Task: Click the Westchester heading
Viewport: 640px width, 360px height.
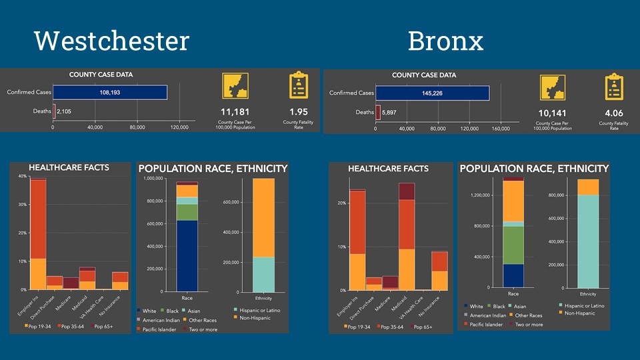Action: point(112,41)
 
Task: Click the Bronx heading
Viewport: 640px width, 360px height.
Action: point(445,41)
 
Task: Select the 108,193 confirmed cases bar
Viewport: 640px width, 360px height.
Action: point(110,92)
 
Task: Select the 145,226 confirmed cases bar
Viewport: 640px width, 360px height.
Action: point(432,93)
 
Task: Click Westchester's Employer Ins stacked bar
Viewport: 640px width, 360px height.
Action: point(38,233)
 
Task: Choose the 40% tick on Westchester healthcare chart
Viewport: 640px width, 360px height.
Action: point(22,177)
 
